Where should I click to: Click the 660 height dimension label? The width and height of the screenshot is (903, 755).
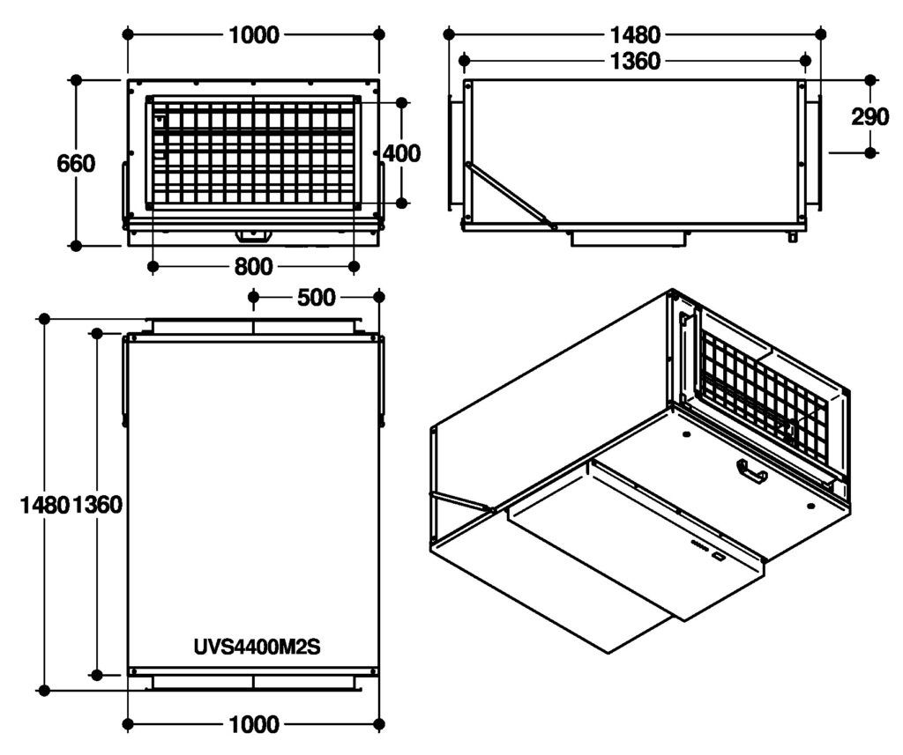click(76, 164)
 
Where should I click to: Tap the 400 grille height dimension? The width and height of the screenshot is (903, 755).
click(401, 153)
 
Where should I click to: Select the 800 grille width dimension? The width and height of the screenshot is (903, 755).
click(253, 266)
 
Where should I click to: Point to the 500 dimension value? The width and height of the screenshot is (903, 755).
click(317, 298)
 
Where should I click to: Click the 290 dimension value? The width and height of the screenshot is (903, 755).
click(870, 117)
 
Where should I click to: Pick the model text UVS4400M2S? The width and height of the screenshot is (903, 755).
click(257, 647)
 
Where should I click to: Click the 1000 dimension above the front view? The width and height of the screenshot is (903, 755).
click(254, 35)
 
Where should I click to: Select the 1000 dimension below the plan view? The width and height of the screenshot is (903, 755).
click(254, 724)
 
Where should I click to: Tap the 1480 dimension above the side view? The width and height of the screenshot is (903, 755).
click(635, 35)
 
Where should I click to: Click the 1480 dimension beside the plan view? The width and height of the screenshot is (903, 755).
click(45, 505)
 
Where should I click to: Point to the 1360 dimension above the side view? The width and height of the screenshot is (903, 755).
click(635, 61)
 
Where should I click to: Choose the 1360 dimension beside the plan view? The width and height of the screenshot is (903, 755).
click(97, 505)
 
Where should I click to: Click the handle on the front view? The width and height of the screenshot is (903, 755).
click(253, 235)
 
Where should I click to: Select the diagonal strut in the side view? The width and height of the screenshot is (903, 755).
click(510, 196)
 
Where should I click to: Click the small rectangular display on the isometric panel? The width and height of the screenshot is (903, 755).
click(719, 556)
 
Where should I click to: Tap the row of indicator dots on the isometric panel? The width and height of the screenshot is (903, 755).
click(698, 545)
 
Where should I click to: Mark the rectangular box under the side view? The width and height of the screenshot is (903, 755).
click(628, 238)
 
